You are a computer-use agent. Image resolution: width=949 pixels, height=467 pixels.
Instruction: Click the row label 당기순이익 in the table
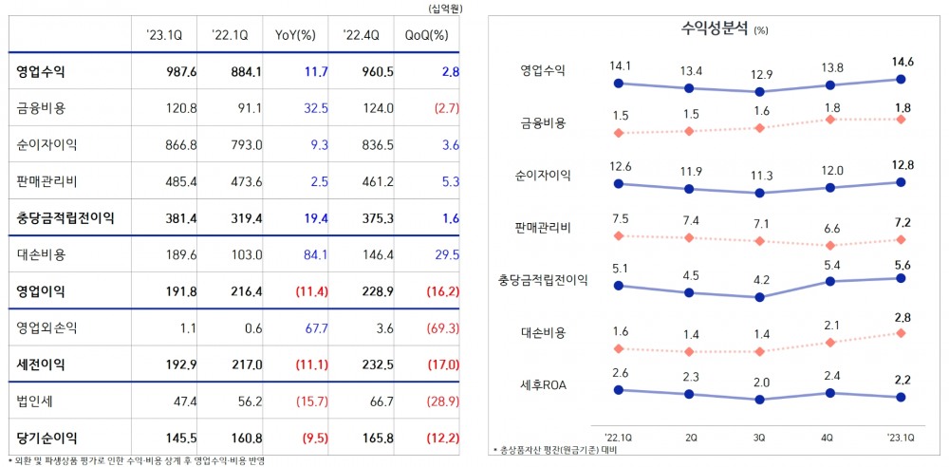[47, 438]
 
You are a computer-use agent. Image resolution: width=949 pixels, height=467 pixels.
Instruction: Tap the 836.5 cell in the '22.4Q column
[361, 144]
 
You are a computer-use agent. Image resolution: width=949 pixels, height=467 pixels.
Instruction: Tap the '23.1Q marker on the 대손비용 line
[899, 333]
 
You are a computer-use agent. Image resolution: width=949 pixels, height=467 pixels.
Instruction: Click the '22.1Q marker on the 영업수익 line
[618, 84]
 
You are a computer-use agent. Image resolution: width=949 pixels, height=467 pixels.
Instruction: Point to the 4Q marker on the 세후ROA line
[830, 392]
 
